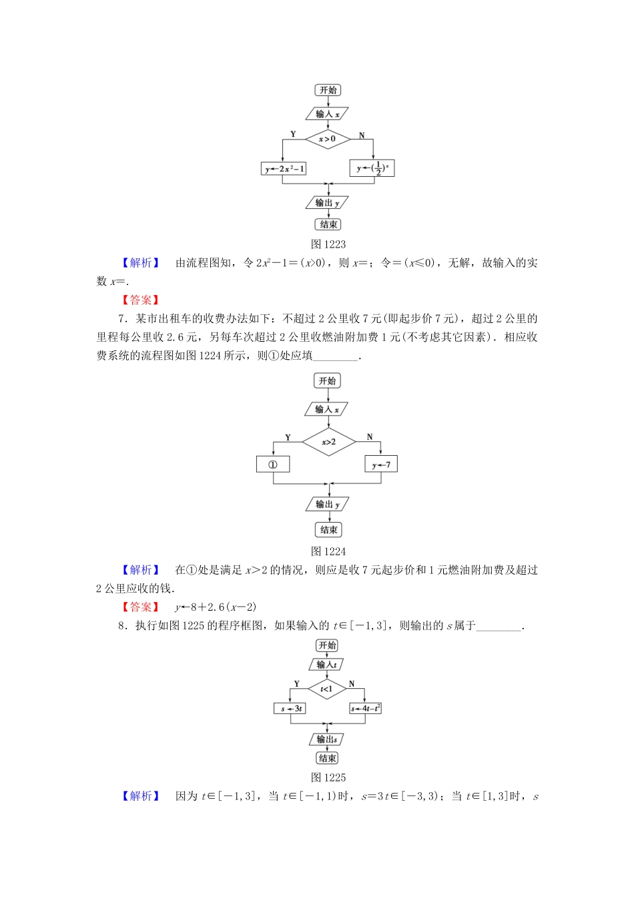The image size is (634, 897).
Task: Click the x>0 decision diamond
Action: (328, 139)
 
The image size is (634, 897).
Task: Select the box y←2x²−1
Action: (284, 169)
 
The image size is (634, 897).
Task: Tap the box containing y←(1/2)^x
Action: (372, 168)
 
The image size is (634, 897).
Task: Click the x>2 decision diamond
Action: (328, 442)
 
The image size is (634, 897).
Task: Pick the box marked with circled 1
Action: (273, 464)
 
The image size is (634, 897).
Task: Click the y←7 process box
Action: (381, 464)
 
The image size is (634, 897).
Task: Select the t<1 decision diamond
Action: (327, 689)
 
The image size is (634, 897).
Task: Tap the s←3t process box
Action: (290, 708)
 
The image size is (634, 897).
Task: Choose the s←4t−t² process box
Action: (365, 708)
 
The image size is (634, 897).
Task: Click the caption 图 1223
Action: (328, 244)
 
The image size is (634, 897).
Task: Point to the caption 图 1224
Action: (328, 551)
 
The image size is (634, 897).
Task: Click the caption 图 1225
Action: (328, 778)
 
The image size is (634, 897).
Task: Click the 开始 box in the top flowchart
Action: (328, 90)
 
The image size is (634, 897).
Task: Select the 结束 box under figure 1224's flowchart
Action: (328, 530)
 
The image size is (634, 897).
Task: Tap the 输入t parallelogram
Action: (327, 665)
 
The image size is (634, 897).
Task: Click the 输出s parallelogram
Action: (327, 739)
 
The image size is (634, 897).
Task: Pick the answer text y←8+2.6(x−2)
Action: (216, 607)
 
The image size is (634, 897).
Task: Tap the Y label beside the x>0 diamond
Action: (293, 134)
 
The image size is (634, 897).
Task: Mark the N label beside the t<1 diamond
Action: (352, 684)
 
